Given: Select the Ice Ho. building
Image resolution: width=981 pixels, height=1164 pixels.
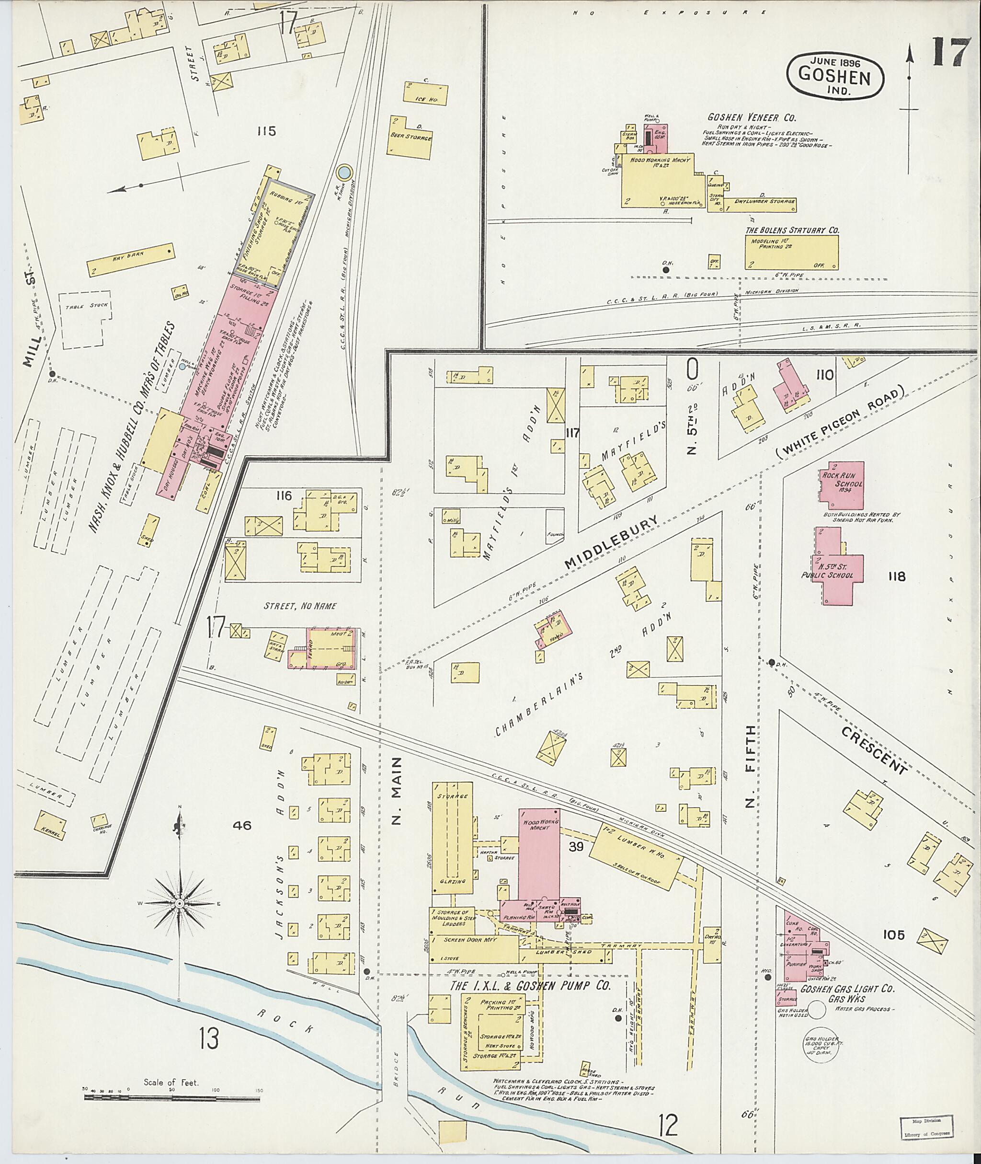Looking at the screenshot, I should tap(426, 93).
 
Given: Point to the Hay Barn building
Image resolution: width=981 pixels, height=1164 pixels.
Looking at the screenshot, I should tap(131, 259).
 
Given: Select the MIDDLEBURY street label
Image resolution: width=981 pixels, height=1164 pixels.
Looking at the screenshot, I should tap(611, 542).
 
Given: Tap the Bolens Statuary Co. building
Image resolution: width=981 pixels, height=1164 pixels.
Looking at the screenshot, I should tap(792, 252).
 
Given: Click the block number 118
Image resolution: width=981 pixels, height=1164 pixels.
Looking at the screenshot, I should tap(897, 576).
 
